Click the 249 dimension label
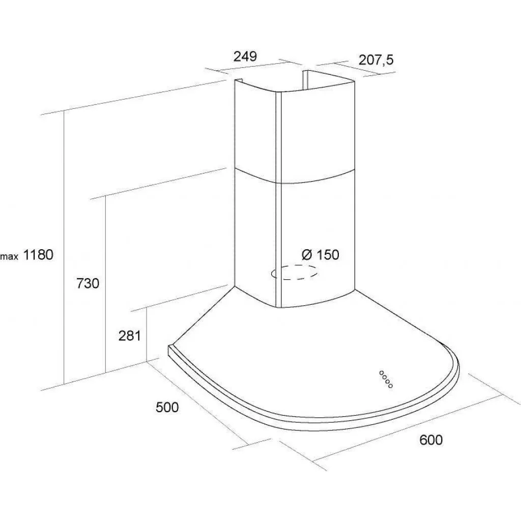pos(245,56)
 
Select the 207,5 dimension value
pos(376,60)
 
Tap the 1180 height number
pos(38,255)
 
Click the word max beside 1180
pos(9,256)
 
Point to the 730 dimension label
pos(88,283)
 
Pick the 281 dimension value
pos(130,336)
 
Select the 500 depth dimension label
pos(167,407)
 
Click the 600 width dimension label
pos(431,440)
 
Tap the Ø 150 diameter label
pos(321,255)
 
